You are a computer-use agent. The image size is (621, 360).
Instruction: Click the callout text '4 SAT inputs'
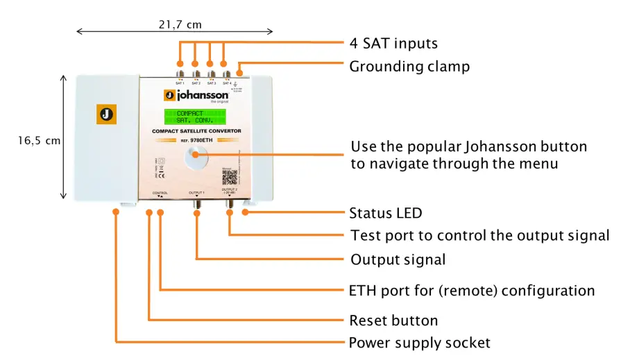click(x=393, y=43)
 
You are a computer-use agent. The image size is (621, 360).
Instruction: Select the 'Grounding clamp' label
click(x=409, y=67)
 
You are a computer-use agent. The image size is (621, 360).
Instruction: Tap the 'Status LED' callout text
click(x=386, y=213)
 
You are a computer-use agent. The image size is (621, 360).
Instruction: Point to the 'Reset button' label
click(x=393, y=320)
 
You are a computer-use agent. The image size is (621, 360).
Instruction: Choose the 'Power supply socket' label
click(x=419, y=343)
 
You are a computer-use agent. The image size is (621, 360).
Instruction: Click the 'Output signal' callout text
click(x=398, y=260)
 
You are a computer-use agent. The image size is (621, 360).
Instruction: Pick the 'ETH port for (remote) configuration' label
click(x=472, y=290)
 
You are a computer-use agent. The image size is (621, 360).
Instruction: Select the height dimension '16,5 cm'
click(x=39, y=140)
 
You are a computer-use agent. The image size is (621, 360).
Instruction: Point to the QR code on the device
click(x=229, y=178)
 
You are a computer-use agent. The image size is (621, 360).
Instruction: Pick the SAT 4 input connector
click(x=225, y=72)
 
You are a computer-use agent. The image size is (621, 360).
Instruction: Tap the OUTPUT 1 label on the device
click(x=198, y=192)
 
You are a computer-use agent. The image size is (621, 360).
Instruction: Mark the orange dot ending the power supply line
click(x=116, y=214)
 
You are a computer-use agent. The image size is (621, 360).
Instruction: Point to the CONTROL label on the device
click(x=160, y=192)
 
